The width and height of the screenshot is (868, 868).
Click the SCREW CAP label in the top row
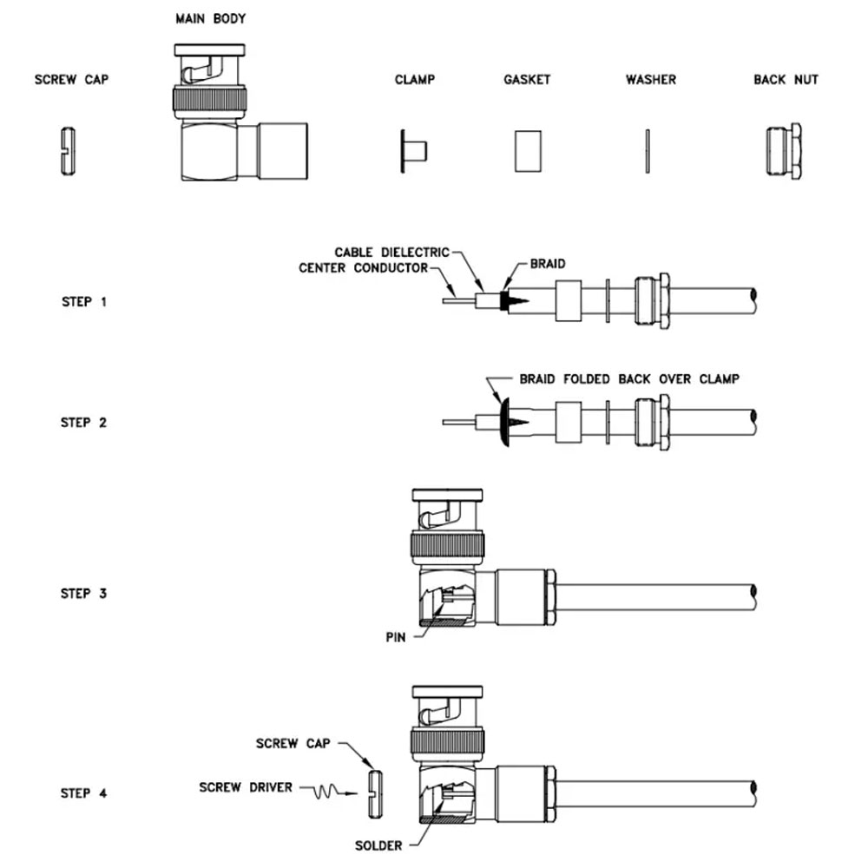click(x=71, y=80)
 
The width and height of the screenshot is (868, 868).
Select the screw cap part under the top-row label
click(x=68, y=151)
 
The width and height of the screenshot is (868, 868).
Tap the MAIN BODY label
click(x=210, y=18)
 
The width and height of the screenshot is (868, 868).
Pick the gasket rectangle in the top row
click(x=527, y=151)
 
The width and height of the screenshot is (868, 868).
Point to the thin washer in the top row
click(x=648, y=151)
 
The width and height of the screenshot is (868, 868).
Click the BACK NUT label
click(x=786, y=80)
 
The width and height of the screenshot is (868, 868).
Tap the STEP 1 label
click(x=84, y=302)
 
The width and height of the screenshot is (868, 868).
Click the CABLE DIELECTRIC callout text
click(x=392, y=253)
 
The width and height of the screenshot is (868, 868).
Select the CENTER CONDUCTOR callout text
click(x=364, y=268)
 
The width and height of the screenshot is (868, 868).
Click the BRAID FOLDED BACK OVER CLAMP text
click(x=629, y=379)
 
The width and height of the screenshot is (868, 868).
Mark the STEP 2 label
click(x=84, y=423)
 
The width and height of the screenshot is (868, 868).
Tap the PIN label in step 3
click(x=396, y=636)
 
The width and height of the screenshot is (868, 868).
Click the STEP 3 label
click(x=84, y=594)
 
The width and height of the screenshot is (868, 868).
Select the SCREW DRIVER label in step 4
click(x=246, y=787)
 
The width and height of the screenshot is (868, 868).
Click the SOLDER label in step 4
click(x=379, y=845)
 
